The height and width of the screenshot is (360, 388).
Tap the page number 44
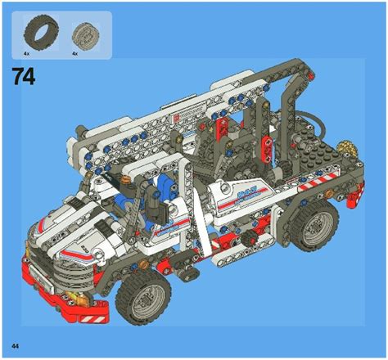pos(14,340)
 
